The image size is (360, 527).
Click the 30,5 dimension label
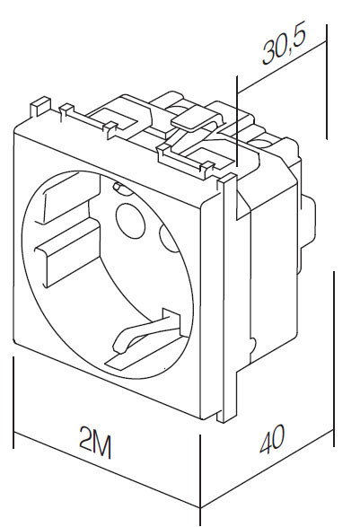pos(285,47)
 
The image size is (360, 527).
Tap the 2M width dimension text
pos(95,443)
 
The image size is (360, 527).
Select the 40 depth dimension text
pos(272,438)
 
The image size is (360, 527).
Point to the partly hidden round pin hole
pos(169,239)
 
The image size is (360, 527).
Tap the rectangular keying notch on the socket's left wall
pos(67,255)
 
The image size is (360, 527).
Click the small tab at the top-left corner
pos(40,106)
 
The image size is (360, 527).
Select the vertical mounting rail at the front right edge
pos(227,298)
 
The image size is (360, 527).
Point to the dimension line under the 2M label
pos(107,470)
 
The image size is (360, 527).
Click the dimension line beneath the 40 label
pos(268,468)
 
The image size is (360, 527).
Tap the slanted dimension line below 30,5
pos(282,67)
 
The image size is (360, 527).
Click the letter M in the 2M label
pos(101,445)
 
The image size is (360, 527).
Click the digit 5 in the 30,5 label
pos(299,38)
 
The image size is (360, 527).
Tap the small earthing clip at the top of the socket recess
pos(118,188)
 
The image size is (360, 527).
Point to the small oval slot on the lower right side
pos(253,344)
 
